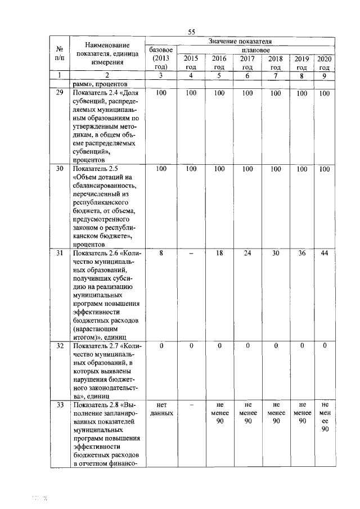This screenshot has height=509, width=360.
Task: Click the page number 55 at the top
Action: pos(192,32)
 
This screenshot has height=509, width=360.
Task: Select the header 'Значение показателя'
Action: pos(240,42)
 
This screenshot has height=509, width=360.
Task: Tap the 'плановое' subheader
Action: pos(256,50)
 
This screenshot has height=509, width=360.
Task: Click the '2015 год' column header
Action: pos(191,62)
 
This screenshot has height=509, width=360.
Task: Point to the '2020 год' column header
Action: pos(325,62)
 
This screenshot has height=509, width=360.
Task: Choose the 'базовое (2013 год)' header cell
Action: pos(161,58)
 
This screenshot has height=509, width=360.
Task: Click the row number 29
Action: pos(60,93)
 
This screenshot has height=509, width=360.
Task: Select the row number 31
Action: pos(60,253)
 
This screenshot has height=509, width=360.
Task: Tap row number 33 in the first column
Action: pos(60,405)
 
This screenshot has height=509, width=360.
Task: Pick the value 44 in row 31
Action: pos(325,253)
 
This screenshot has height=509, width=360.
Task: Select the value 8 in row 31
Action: pos(161,253)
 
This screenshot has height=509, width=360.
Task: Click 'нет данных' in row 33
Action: pos(161,409)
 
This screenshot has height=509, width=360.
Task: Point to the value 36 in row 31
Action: pos(302,253)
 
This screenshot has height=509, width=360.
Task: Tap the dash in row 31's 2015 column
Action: pos(191,253)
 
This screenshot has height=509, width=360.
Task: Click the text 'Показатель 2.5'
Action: pos(92,169)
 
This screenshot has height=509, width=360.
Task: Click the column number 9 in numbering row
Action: pos(325,75)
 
